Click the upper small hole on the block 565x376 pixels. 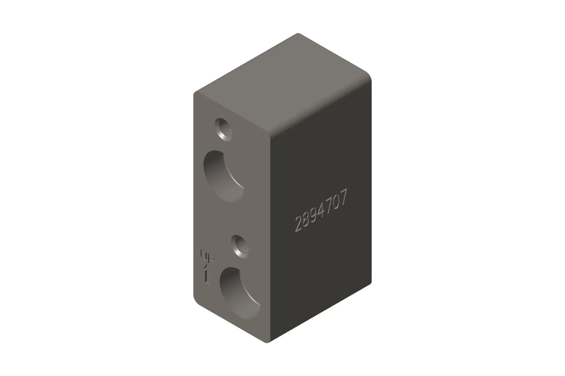coord(224,129)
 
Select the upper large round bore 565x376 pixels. coord(223,176)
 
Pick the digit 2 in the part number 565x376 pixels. coord(298,224)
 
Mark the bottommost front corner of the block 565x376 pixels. coord(268,343)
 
